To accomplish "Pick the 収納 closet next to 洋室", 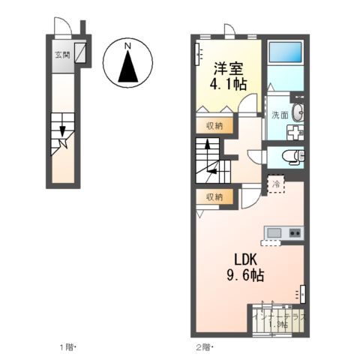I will (x=214, y=125).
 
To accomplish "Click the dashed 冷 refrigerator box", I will (x=276, y=184).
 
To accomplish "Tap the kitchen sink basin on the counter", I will (x=272, y=232).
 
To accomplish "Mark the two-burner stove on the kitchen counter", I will (x=293, y=232).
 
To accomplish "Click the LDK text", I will (x=247, y=259).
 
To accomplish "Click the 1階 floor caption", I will (x=69, y=347).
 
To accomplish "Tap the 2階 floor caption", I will (x=205, y=347).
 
